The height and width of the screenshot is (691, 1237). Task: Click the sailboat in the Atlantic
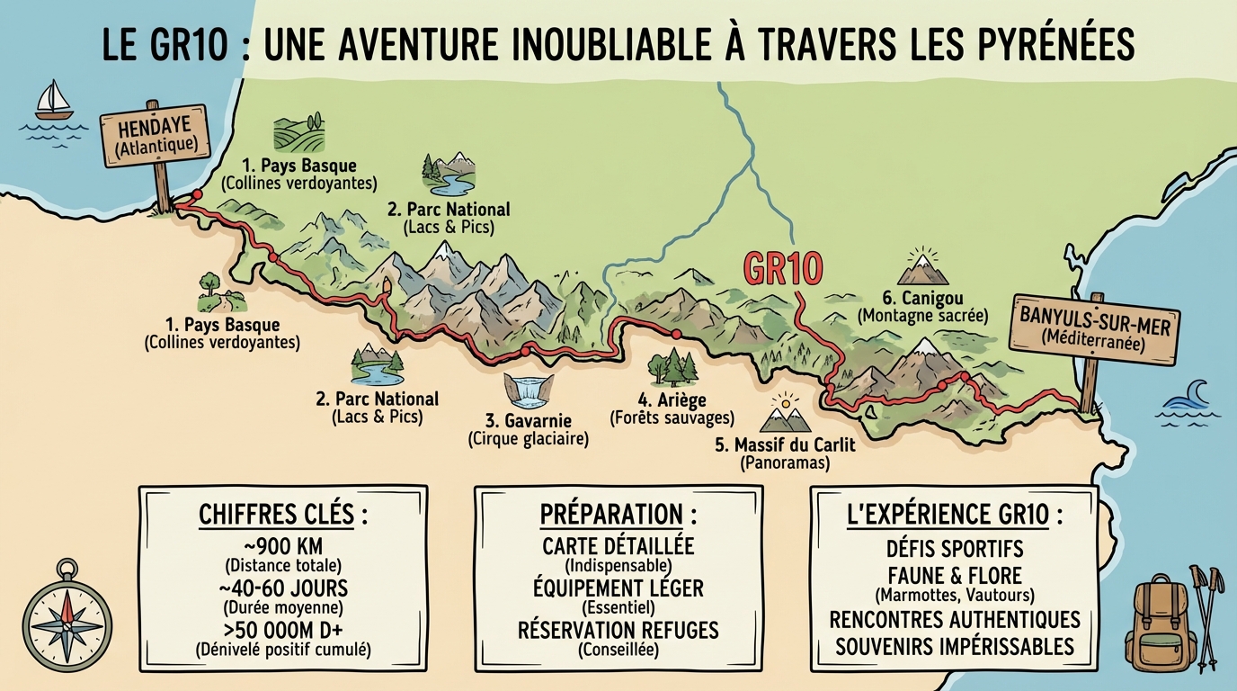coord(53,100)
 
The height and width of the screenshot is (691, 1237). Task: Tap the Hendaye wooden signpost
coord(155,136)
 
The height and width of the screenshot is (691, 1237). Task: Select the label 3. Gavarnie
coord(528,421)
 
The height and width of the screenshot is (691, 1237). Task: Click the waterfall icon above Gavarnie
coord(527,390)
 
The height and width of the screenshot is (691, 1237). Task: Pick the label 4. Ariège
coord(672,400)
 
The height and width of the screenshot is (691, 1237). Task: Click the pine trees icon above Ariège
coord(672,366)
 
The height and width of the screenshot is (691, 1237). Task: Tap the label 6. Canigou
coord(922,298)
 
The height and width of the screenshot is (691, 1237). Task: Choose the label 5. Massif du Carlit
coord(785,444)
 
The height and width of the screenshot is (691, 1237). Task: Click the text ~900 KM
coord(283,548)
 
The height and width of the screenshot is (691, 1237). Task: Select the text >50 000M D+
coord(283,629)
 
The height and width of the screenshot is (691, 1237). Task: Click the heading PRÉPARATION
coord(618,515)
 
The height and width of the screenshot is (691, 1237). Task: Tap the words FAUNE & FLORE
coord(955,574)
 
